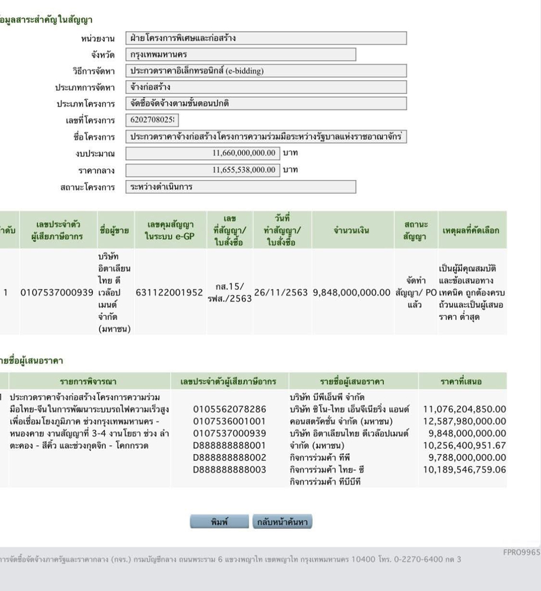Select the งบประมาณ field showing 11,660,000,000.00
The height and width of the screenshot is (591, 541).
[x=202, y=153]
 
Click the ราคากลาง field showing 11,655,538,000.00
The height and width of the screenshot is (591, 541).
[x=202, y=169]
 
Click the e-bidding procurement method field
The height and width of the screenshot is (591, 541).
[x=265, y=71]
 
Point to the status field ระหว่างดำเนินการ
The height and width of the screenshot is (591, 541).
[x=240, y=187]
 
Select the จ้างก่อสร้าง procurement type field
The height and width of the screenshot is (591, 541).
[x=265, y=87]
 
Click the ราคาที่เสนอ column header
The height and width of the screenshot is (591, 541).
[x=466, y=381]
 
